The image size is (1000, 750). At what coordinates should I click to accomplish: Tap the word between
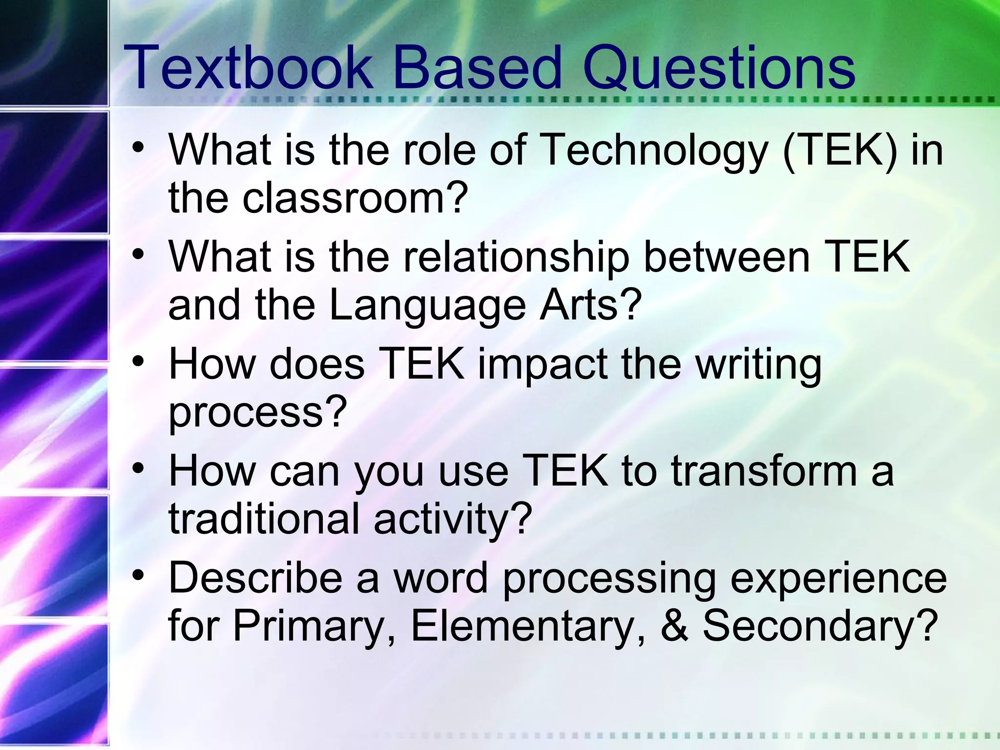tap(728, 257)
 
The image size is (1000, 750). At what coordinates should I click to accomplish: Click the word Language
tap(427, 305)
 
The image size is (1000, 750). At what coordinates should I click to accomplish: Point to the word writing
tap(759, 365)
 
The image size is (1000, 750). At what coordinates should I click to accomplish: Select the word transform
tap(765, 471)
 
